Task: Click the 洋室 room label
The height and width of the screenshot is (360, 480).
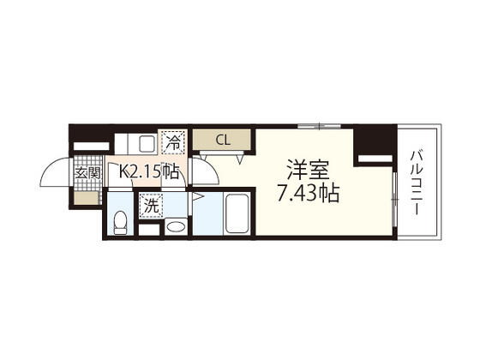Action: coord(308,171)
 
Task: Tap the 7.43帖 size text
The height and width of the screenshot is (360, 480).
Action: coord(308,194)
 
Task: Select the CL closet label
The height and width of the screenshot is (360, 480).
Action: coord(223,140)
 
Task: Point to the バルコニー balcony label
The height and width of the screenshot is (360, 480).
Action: coord(417,182)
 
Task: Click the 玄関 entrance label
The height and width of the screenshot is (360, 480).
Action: coord(88,173)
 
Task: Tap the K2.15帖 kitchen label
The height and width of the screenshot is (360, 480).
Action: coord(148,171)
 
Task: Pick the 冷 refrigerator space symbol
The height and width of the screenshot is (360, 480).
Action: coord(173,142)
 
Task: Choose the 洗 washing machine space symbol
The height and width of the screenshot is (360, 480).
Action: coord(151,206)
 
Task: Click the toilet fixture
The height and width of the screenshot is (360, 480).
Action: coord(120,223)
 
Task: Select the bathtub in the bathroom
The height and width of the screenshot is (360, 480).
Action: coord(237,214)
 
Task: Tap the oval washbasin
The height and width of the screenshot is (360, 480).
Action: coord(176,227)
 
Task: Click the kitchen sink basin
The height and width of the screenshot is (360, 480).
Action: coord(147,143)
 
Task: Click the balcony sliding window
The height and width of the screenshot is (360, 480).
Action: coord(395,200)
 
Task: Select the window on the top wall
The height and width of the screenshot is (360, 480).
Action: coord(319,125)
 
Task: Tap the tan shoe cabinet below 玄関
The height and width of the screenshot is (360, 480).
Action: coord(86,197)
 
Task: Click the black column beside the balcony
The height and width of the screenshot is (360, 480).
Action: coord(375,145)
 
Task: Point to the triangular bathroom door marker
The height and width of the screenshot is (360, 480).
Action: coord(196,197)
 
